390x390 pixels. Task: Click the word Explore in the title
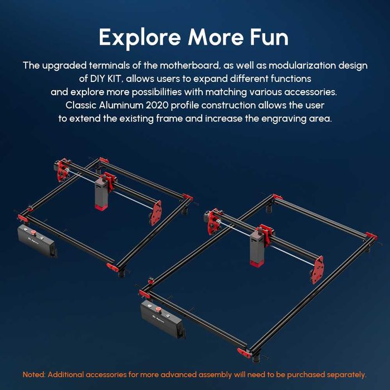coord(140,37)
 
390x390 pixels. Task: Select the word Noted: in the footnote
coord(37,374)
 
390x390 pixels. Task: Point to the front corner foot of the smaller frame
coord(113,267)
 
